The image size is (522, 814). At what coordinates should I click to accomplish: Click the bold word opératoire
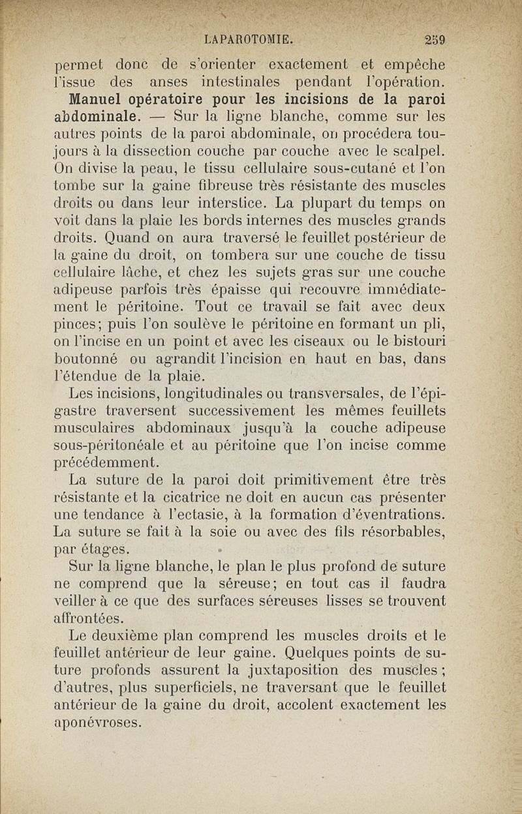click(x=182, y=100)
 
